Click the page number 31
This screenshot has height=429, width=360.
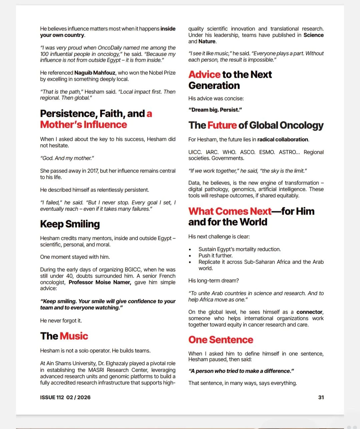coord(321,397)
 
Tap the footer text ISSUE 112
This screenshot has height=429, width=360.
coord(52,397)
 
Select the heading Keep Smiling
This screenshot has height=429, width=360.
coord(70,224)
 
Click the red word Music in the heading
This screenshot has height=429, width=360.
coord(74,336)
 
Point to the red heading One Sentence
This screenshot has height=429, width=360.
coord(221,340)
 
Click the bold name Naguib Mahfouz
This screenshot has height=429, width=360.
coord(95,73)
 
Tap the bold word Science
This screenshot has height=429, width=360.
coord(313,35)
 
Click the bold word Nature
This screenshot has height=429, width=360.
coord(207,41)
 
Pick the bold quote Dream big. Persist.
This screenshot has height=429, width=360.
coord(215,110)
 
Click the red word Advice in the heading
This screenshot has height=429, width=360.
coord(204,74)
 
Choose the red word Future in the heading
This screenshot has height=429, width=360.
coord(222,125)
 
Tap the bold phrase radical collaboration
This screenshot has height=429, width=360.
coord(283,139)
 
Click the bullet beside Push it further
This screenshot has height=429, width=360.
coord(190,256)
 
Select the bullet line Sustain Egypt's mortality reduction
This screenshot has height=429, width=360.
coord(239,249)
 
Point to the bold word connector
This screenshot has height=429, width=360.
coord(309,312)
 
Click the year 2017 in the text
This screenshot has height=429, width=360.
coord(93,171)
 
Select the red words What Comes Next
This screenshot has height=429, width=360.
coord(230,211)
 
